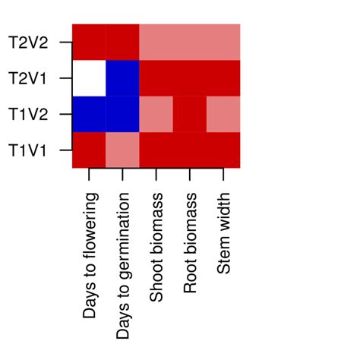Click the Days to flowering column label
(x=90, y=254)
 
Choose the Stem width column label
(x=224, y=232)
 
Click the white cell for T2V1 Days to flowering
(x=89, y=77)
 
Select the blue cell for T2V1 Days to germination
(x=122, y=77)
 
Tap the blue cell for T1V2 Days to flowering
(x=89, y=114)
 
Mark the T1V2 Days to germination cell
(x=122, y=114)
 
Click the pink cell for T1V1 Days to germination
(x=122, y=150)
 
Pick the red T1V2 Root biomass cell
(x=190, y=114)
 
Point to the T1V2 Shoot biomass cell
(x=156, y=114)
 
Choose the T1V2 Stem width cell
(x=223, y=114)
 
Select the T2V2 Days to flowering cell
(x=89, y=42)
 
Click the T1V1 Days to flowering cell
(x=89, y=150)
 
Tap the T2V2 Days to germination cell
(x=122, y=42)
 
